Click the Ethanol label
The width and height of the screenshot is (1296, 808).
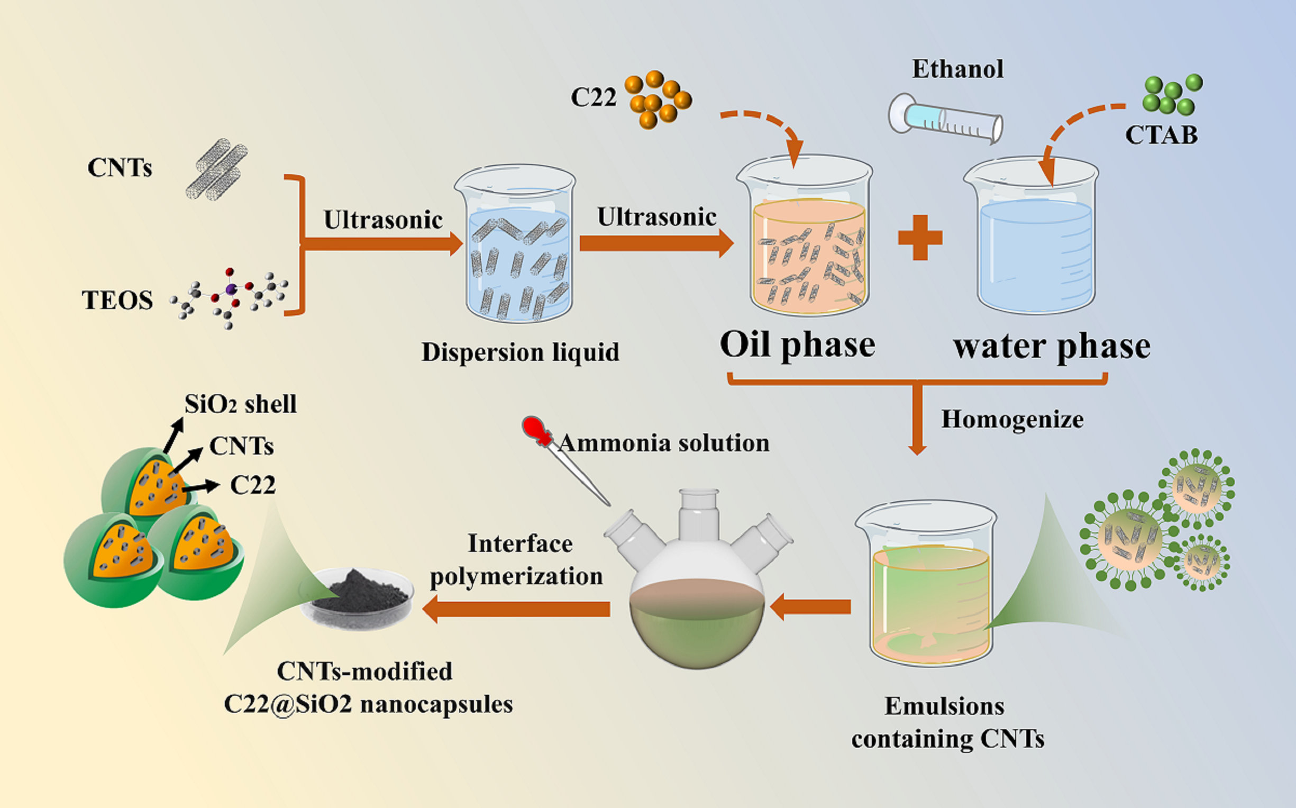(x=957, y=69)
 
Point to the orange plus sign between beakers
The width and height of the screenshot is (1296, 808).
(x=920, y=237)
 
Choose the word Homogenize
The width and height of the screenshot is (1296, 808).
(x=1012, y=420)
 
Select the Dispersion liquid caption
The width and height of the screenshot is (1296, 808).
(x=521, y=352)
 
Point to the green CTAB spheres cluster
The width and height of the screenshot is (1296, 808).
(x=1172, y=95)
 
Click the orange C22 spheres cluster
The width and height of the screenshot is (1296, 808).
(x=658, y=99)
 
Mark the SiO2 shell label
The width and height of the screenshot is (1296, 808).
(x=240, y=404)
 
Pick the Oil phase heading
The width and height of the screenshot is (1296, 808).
(x=797, y=344)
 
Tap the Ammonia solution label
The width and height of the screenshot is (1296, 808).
(x=663, y=443)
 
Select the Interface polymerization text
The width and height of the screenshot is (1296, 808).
(x=517, y=560)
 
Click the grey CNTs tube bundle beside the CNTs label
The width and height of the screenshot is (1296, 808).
(x=216, y=169)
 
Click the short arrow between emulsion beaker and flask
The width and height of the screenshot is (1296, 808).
(x=811, y=606)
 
